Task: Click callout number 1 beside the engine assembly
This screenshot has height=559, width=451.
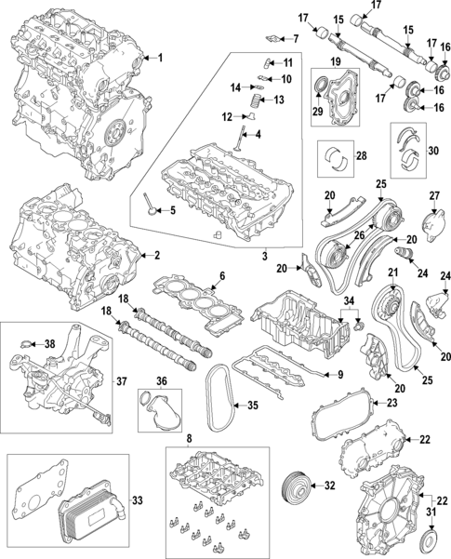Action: point(158,58)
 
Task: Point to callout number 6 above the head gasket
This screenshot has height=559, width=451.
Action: point(221,275)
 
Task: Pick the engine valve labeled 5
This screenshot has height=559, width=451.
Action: point(153,206)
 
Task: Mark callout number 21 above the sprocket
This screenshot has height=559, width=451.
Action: point(392,273)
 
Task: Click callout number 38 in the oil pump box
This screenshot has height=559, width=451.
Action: point(50,343)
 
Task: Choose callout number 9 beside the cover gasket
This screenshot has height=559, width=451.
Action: point(340,374)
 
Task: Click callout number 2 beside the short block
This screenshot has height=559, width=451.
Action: point(156,254)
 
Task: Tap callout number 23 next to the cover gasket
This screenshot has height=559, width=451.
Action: point(391,403)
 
